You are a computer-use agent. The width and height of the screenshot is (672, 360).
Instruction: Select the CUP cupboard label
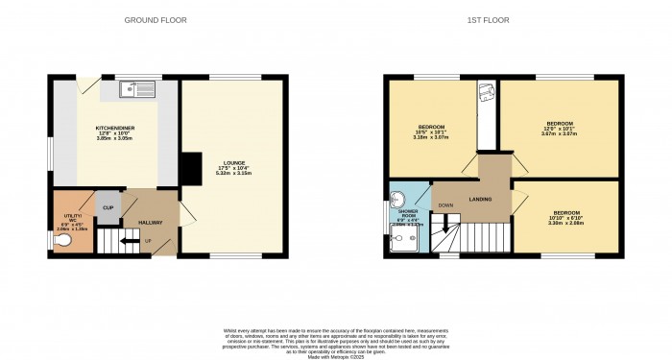(108, 206)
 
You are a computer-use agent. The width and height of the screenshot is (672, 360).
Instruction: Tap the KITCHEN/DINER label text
(114, 128)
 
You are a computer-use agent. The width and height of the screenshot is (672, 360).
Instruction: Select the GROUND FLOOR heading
(156, 20)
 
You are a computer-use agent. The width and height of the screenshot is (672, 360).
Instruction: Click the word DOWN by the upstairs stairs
(445, 205)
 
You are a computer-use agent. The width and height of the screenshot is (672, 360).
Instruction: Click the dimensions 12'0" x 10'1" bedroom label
(559, 130)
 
